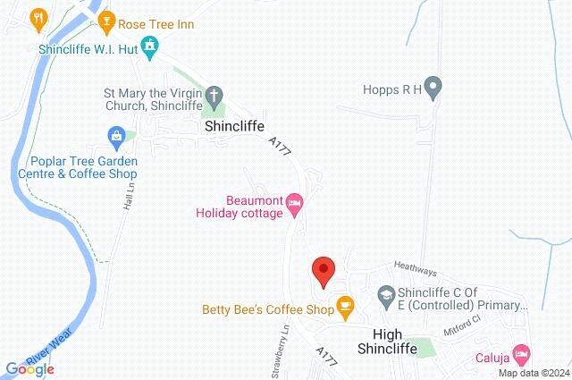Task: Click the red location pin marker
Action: click(323, 269)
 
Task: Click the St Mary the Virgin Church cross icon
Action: click(214, 94)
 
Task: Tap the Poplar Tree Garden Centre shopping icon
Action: click(115, 137)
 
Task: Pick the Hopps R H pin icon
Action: click(433, 88)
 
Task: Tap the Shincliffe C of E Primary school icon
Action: click(385, 293)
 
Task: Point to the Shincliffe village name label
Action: click(237, 127)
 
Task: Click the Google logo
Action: click(29, 368)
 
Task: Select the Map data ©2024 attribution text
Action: click(533, 373)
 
